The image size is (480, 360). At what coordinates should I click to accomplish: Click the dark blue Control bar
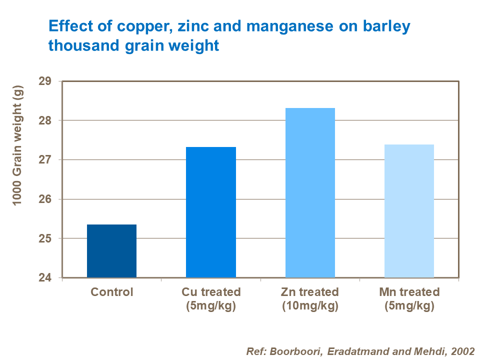(x=111, y=251)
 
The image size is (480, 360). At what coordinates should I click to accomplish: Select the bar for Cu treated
(x=210, y=212)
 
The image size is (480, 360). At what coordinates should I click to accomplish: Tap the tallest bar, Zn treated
(x=310, y=192)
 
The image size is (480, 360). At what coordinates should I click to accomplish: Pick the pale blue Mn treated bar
(x=409, y=211)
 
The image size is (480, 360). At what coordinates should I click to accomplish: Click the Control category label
(x=111, y=292)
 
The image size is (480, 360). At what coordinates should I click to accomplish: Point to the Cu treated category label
(x=210, y=292)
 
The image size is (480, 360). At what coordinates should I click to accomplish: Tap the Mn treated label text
(x=409, y=292)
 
